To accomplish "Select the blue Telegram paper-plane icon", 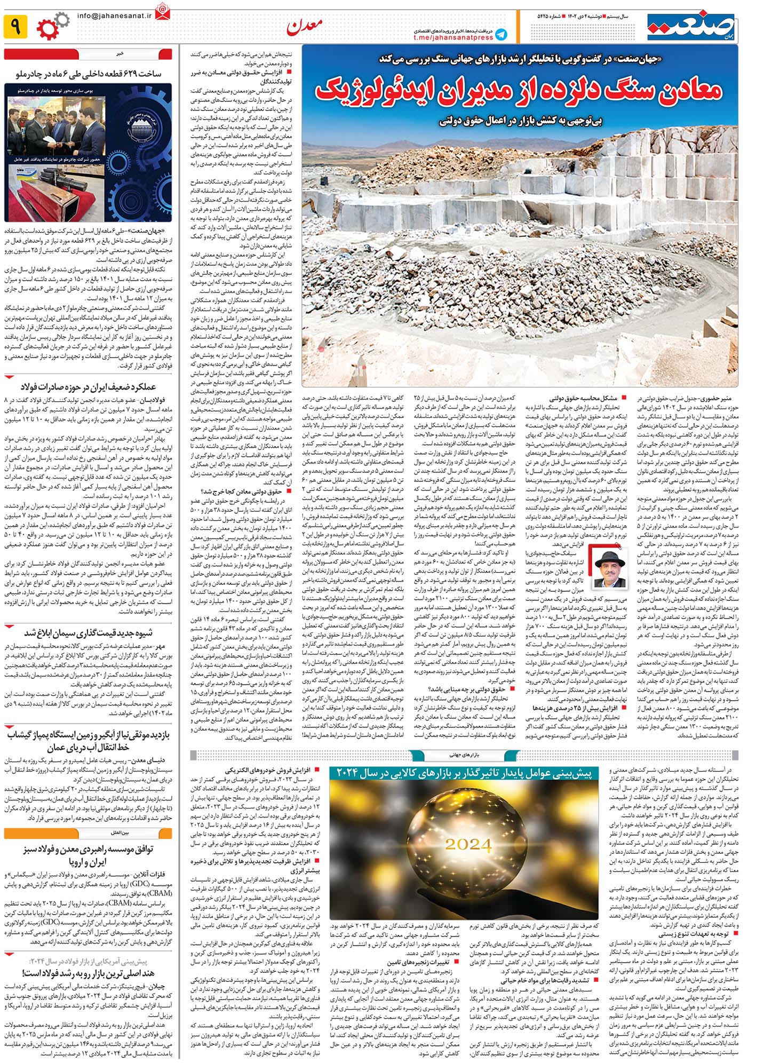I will coord(500,35).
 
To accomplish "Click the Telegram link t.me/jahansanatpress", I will coord(453,37).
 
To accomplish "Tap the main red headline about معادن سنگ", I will coord(518,91).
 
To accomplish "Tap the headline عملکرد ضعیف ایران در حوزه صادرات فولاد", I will coord(88,386).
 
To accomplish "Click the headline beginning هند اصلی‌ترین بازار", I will coord(88,972).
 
